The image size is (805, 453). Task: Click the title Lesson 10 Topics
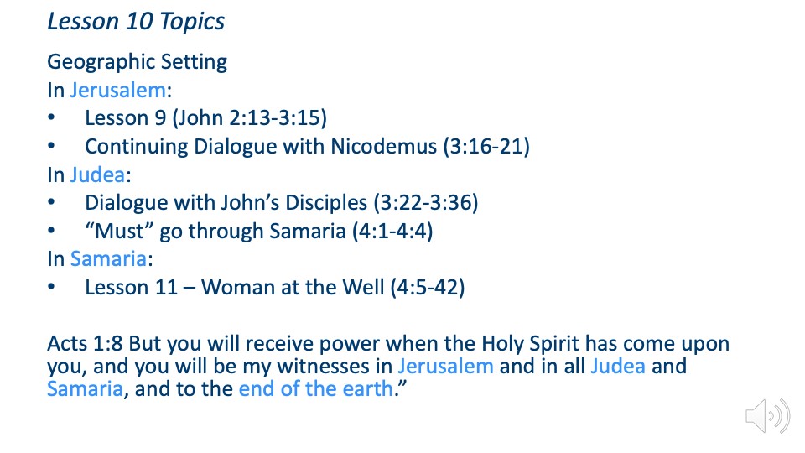tap(136, 22)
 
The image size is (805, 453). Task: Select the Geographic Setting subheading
tap(137, 62)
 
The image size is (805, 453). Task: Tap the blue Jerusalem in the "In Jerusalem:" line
tap(118, 91)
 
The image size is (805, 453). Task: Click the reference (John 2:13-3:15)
tap(250, 118)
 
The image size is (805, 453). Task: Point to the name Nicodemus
tap(383, 146)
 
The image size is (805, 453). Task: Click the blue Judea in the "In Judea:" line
tap(97, 175)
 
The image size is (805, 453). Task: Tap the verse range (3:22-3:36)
tap(426, 203)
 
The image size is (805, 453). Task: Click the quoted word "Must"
tap(120, 231)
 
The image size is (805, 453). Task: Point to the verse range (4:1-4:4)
tap(392, 232)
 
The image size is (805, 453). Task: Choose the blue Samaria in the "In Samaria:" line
tap(108, 259)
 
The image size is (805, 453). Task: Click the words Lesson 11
tap(132, 287)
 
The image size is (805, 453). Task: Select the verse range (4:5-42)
tap(428, 288)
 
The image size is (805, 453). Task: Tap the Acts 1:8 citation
tap(85, 344)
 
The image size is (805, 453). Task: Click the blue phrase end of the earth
tap(316, 388)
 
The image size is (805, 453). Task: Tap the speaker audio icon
tap(767, 415)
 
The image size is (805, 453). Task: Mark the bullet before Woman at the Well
tap(51, 287)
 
